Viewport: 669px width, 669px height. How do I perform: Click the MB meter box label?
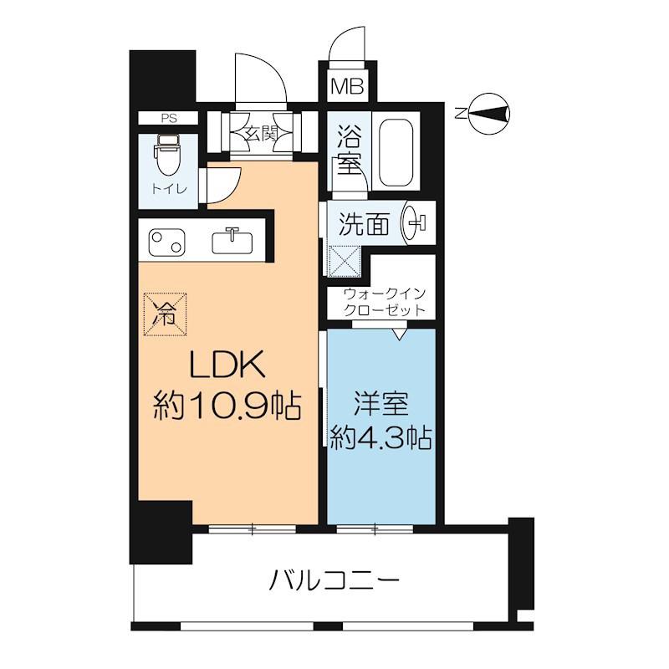[x=348, y=87]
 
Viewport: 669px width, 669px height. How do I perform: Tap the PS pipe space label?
[x=169, y=118]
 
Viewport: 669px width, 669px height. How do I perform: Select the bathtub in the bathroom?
[x=396, y=152]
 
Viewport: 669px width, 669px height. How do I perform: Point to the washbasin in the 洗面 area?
[x=413, y=222]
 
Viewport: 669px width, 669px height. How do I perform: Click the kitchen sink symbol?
[x=232, y=242]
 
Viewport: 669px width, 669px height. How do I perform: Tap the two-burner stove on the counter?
[x=166, y=243]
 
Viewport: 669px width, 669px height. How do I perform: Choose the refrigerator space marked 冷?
[x=165, y=314]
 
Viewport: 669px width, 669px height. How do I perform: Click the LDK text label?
[x=227, y=365]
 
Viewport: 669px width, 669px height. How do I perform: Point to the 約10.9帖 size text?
[x=227, y=405]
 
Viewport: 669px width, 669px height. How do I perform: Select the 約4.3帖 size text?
[x=381, y=437]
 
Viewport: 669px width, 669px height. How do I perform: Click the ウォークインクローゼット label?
[x=385, y=302]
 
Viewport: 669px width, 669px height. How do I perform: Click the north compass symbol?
[x=489, y=114]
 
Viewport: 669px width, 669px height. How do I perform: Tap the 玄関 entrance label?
[x=261, y=135]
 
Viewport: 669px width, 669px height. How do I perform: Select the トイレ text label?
[x=169, y=188]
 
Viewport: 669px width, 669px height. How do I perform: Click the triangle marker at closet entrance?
[x=400, y=334]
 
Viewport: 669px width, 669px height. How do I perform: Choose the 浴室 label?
[x=350, y=151]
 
